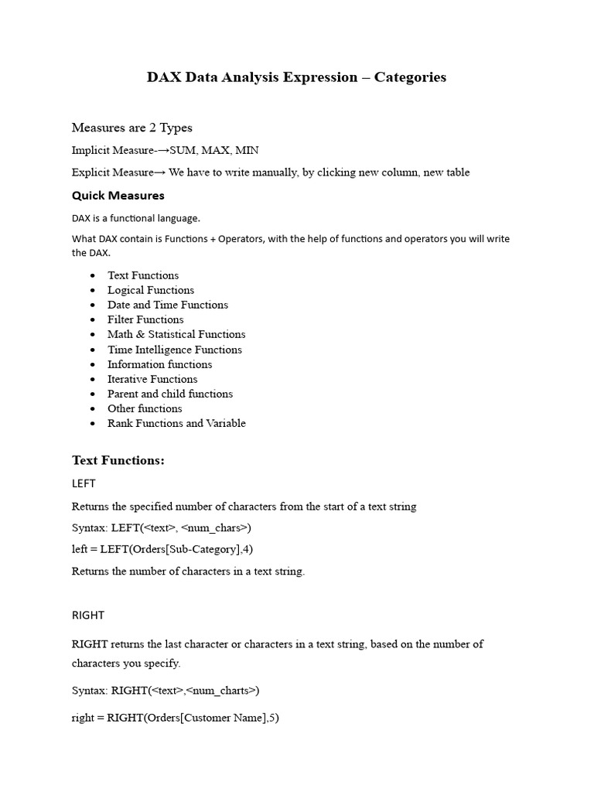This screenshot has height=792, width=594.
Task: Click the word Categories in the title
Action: pos(410,77)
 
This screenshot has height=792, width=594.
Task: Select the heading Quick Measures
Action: pos(118,196)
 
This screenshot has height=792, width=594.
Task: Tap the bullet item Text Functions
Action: pos(143,275)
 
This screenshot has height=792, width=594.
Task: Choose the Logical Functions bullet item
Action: pos(151,290)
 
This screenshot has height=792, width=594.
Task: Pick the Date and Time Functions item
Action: pos(168,305)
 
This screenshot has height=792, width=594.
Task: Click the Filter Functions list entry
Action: pos(145,319)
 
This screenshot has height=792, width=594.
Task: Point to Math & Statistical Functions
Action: pos(176,334)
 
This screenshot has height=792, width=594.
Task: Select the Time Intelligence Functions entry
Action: pos(175,350)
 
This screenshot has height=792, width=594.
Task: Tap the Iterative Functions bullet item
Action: pos(152,379)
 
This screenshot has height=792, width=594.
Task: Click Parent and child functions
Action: pos(170,394)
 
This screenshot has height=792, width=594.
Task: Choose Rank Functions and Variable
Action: pos(176,423)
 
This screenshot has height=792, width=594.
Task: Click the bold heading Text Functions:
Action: pos(118,461)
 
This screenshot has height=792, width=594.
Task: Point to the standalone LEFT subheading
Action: pos(84,483)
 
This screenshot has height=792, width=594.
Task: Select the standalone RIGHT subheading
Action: pos(88,616)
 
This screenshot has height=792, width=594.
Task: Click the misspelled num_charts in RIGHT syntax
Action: pos(224,690)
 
